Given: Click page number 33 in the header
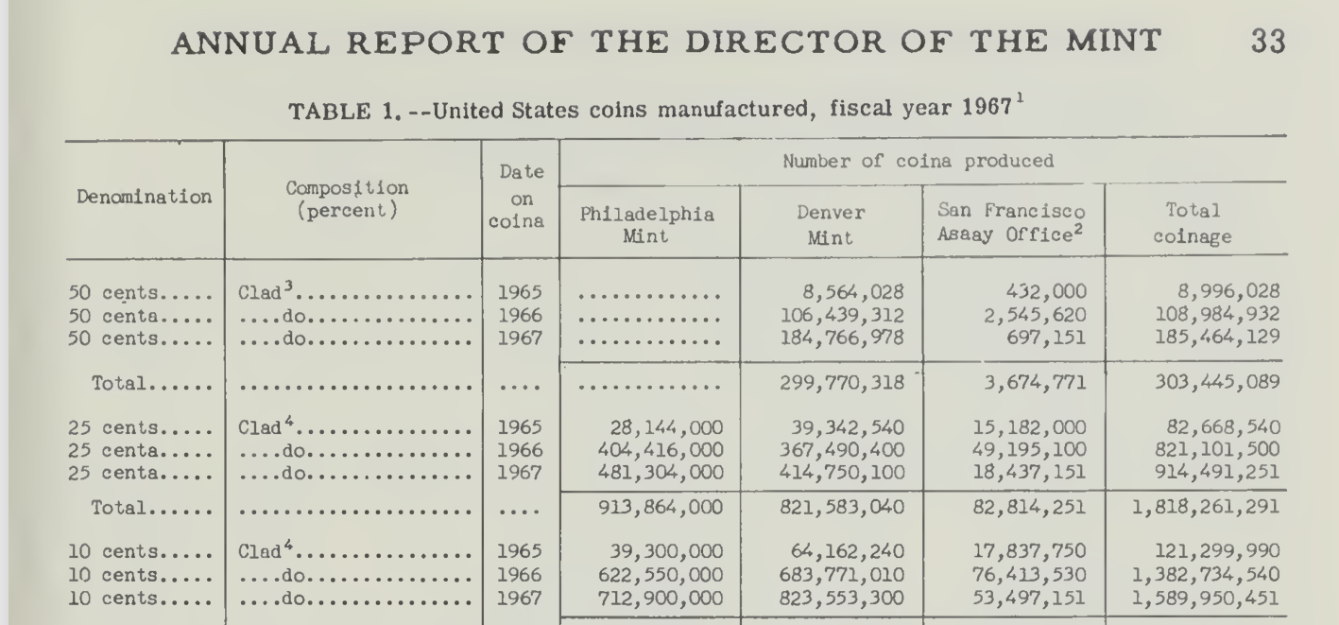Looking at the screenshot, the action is (1268, 42).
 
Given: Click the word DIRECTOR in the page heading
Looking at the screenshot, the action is (784, 43).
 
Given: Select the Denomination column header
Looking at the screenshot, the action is (144, 197).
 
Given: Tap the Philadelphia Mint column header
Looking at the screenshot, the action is (646, 225).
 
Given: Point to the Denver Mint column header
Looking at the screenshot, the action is (831, 225).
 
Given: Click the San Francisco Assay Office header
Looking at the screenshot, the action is (1011, 222).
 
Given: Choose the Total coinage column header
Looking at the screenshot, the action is (1193, 224).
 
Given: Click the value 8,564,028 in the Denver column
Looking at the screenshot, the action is (853, 292).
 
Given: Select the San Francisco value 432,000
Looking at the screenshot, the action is (1045, 291).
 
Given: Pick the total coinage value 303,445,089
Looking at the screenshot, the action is (1217, 382).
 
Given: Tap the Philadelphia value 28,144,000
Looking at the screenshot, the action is (666, 427).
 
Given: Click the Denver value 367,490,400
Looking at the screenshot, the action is (842, 450).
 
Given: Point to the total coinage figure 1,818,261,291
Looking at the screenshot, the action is (1206, 507).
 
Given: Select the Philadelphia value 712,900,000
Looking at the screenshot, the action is (661, 598).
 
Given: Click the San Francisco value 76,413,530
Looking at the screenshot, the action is (1029, 575).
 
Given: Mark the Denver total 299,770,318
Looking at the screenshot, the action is (842, 382).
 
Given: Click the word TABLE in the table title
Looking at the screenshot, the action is (330, 112).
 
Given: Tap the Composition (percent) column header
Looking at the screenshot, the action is (348, 200).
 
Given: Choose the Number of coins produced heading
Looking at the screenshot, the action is (918, 162).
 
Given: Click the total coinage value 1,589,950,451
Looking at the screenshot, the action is (1206, 599).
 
